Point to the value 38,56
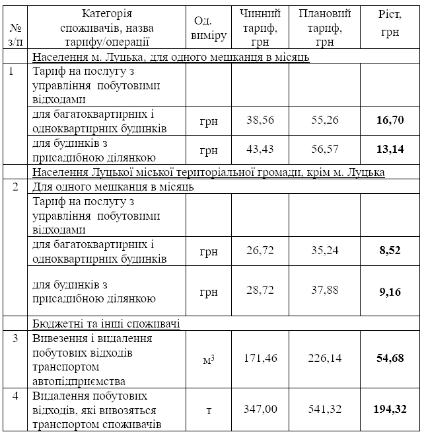point(260,120)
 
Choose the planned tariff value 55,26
point(325,120)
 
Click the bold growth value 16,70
point(390,120)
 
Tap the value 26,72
point(260,252)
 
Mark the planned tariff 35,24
point(325,252)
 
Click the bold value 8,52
point(390,252)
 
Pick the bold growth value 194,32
point(390,410)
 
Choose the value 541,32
point(325,410)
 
